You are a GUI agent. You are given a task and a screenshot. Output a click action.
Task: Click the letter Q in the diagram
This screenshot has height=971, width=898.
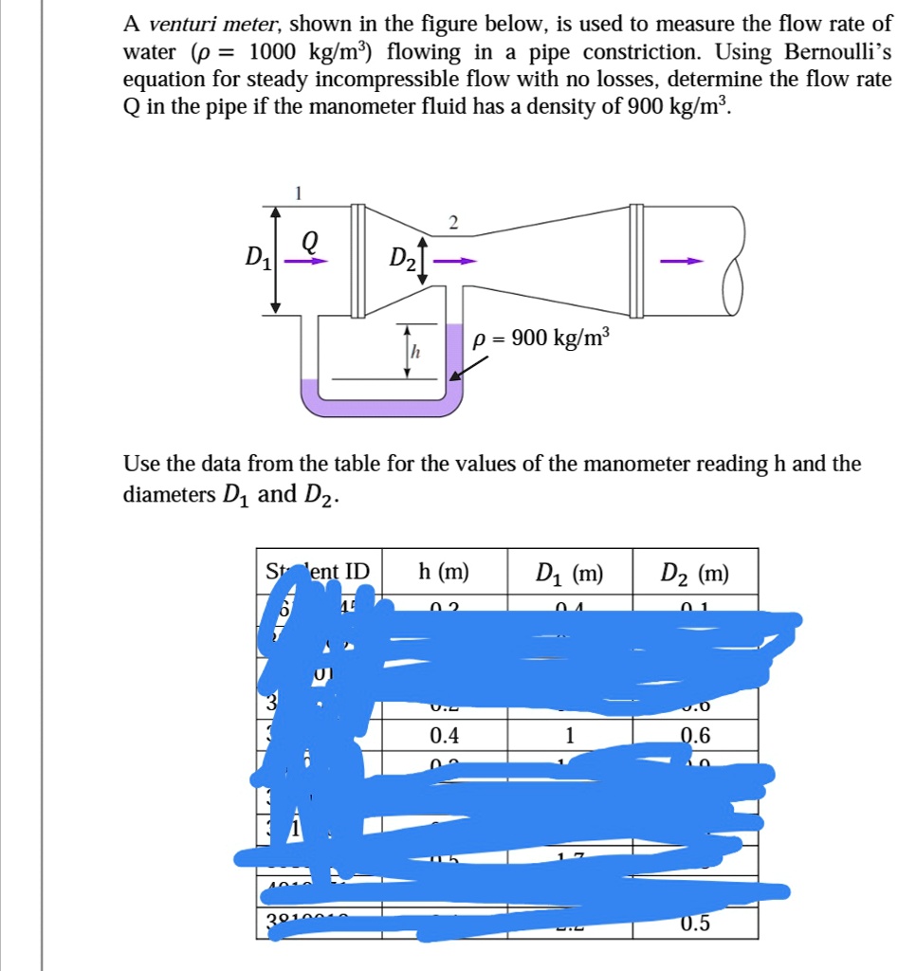[308, 241]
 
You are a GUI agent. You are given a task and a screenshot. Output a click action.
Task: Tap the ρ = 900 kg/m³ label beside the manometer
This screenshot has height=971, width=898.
[542, 338]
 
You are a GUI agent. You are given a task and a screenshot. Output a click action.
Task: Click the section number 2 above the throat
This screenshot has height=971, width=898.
[452, 223]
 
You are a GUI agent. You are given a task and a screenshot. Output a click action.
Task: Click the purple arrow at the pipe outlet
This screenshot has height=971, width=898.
[683, 261]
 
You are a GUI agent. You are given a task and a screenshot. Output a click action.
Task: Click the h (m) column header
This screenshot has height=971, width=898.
[443, 572]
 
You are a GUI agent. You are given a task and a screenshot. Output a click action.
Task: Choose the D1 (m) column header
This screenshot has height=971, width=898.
[569, 573]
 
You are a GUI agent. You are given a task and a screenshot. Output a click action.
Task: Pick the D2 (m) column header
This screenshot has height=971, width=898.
[695, 573]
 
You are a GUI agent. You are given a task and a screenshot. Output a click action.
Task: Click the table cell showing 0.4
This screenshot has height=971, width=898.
[443, 736]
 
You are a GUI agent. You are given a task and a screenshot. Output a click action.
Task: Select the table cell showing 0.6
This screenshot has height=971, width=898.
[695, 736]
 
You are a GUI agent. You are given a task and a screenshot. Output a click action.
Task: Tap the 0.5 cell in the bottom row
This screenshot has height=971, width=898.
[695, 925]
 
